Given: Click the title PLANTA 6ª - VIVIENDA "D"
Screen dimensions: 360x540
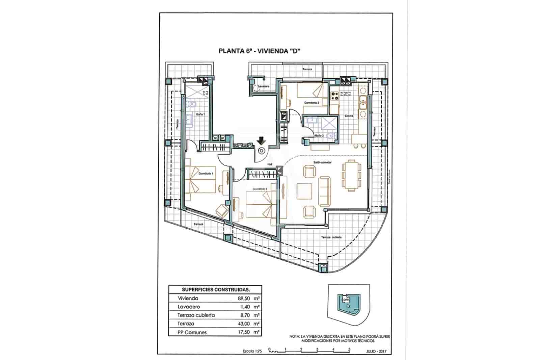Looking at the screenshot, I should [260, 51].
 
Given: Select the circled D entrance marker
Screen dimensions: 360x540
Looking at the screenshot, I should [261, 151].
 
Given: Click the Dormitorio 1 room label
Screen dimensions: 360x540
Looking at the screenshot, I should [206, 173].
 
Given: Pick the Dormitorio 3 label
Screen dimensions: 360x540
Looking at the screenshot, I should [312, 103].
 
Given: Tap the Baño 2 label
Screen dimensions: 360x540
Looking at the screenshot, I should [319, 136].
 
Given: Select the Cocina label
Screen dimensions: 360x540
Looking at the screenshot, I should [349, 116].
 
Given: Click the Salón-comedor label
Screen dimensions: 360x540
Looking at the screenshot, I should [322, 162].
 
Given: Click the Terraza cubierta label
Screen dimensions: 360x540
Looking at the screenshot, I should [331, 237].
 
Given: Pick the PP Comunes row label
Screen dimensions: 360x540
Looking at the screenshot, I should [192, 332].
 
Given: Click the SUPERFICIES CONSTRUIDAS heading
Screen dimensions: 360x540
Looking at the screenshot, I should [216, 289].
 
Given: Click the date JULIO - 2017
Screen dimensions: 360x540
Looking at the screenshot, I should [376, 352].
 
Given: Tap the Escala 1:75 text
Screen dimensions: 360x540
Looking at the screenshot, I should [253, 352].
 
